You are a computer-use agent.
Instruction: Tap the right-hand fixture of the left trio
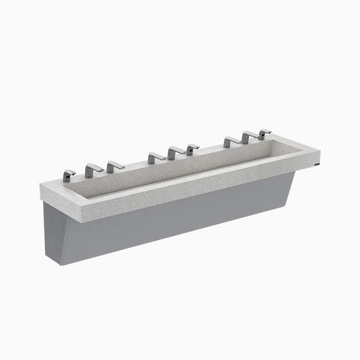coord(115,166)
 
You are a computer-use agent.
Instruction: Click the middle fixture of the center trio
coord(176,153)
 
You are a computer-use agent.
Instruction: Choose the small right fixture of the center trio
coord(192,149)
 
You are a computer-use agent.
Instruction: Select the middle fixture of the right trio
coord(249,137)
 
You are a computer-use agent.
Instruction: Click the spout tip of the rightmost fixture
coord(270,131)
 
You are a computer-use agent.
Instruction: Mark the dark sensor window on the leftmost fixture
coord(66,176)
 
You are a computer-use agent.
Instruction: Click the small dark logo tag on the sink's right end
coord(318,165)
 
